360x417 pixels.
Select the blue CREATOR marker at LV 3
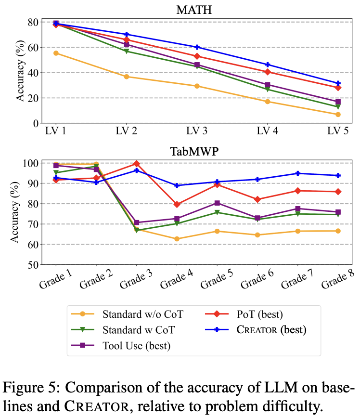pos(197,47)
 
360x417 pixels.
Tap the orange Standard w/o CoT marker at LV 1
pos(56,53)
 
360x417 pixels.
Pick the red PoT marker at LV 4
pos(268,72)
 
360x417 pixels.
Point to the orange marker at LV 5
pos(338,115)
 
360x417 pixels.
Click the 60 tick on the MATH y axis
pos(32,48)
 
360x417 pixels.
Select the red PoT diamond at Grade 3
pos(137,164)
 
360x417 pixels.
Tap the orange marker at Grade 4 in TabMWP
pos(177,239)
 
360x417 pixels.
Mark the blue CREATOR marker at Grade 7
pos(298,173)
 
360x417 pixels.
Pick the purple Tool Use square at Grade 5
pos(217,203)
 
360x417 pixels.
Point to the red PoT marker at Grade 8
pos(338,192)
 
